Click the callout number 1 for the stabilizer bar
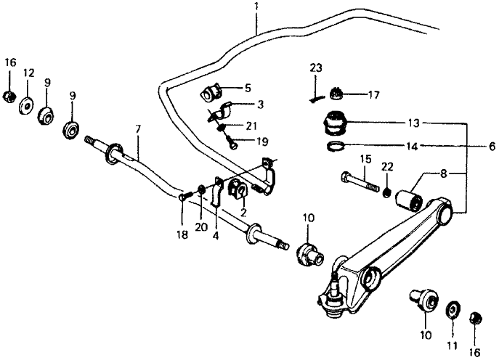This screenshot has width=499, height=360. tap(256, 6)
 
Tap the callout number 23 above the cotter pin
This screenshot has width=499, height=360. tap(316, 67)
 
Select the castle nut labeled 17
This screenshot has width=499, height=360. tap(337, 93)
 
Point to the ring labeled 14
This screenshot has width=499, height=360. tap(336, 146)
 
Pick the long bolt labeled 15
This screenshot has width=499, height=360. tap(360, 182)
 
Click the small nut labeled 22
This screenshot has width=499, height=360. tap(386, 192)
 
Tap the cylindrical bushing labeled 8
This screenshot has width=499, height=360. tap(409, 200)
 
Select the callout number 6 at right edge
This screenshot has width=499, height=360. tap(492, 146)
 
